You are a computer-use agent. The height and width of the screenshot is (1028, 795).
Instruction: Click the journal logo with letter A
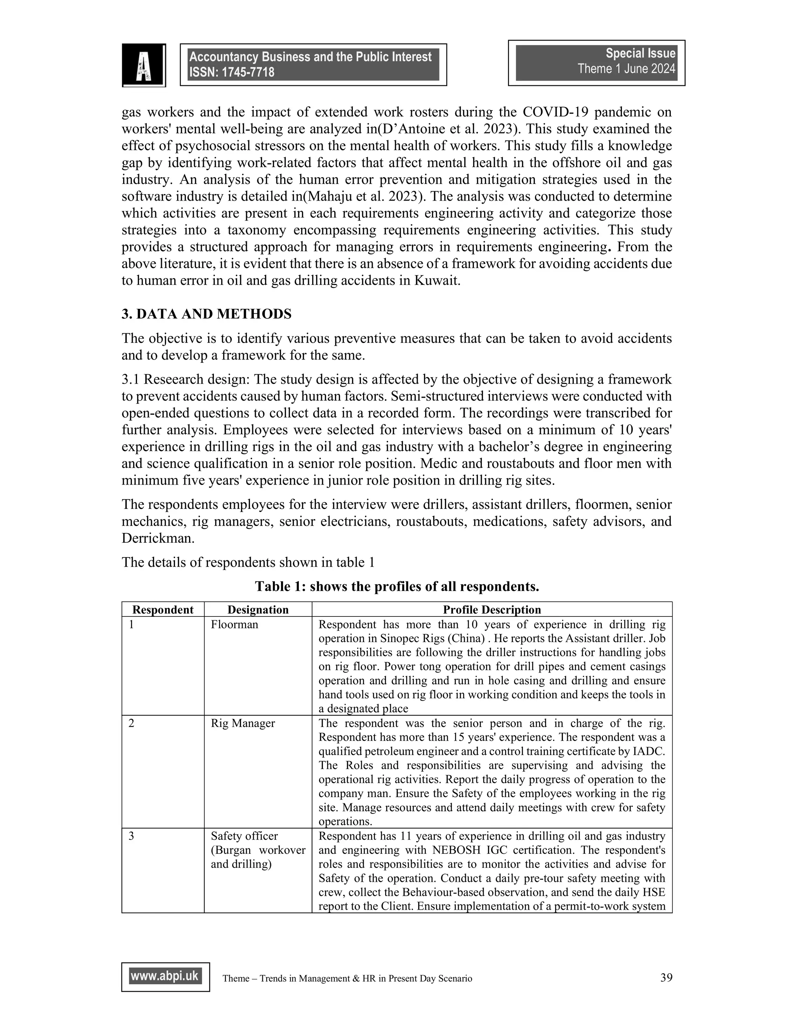[x=144, y=66]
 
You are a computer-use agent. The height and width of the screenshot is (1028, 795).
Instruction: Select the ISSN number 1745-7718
[x=252, y=73]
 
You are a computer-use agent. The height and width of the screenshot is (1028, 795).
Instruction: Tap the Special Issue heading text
[x=640, y=53]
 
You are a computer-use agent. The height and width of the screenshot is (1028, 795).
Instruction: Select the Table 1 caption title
[x=397, y=587]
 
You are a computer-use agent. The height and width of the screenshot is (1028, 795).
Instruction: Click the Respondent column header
[x=163, y=609]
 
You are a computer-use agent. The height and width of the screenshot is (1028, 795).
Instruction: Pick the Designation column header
[x=258, y=609]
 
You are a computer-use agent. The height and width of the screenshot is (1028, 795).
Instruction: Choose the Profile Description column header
[x=492, y=609]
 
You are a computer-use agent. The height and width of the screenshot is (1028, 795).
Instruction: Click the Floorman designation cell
[x=234, y=625]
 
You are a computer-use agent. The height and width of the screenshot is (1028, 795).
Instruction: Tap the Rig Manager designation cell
[x=243, y=723]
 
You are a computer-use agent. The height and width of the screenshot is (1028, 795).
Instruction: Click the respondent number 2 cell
[x=132, y=723]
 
